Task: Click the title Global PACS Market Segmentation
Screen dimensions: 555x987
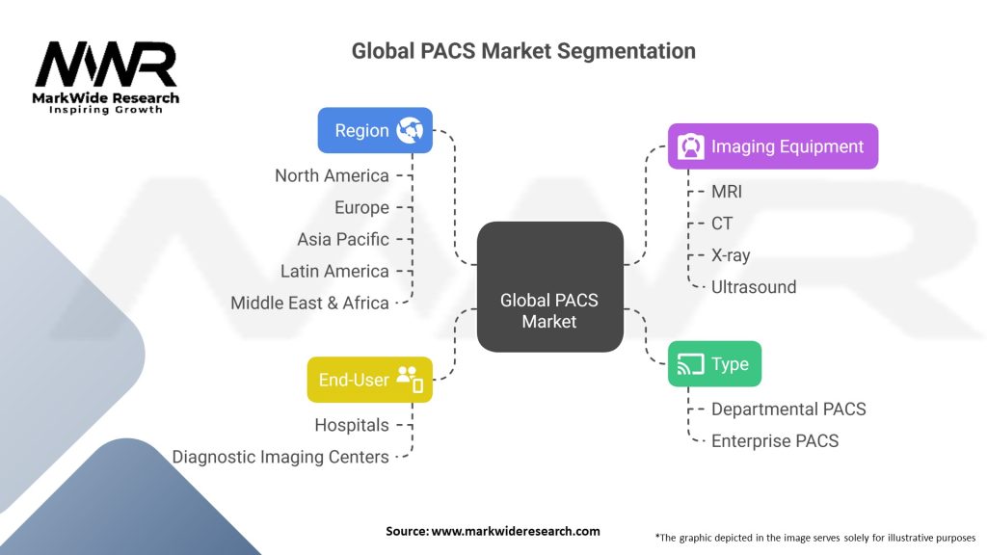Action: coord(523,51)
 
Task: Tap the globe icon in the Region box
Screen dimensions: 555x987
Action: coord(410,130)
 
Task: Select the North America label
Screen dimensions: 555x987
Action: coord(332,175)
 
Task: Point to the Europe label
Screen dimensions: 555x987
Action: coord(361,207)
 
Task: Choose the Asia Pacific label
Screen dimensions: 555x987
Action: coord(343,239)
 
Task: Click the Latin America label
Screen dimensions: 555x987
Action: coord(334,271)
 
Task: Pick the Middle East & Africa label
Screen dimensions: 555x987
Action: coord(309,303)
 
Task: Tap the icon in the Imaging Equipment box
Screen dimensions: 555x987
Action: coord(690,146)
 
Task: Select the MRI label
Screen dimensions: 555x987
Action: coord(727,192)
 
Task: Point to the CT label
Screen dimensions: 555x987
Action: coord(722,224)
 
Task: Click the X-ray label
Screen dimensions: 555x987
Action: coord(731,255)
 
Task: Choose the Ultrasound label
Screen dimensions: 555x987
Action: coord(754,286)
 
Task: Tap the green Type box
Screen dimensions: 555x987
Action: coord(714,364)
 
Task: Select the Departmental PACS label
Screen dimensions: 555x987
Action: coord(788,410)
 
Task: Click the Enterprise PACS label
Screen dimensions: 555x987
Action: coord(775,441)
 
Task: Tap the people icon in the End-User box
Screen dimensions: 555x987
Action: coord(410,379)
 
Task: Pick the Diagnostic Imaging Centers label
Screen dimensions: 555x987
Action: coord(280,457)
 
